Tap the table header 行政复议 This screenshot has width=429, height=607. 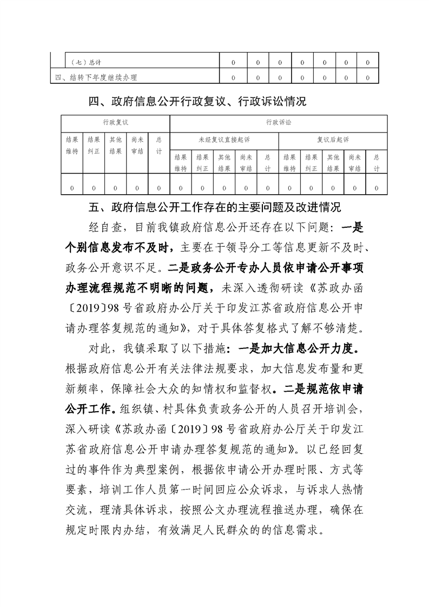tap(115, 123)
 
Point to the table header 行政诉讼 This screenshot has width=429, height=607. tap(278, 123)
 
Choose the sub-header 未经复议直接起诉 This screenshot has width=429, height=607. tap(224, 140)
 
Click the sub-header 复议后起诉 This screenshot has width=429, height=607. tap(333, 140)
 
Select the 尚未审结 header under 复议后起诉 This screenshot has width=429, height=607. tap(354, 162)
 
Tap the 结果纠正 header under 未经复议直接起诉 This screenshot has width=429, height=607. tap(202, 162)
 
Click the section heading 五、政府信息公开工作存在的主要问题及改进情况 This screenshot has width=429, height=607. tap(215, 207)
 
